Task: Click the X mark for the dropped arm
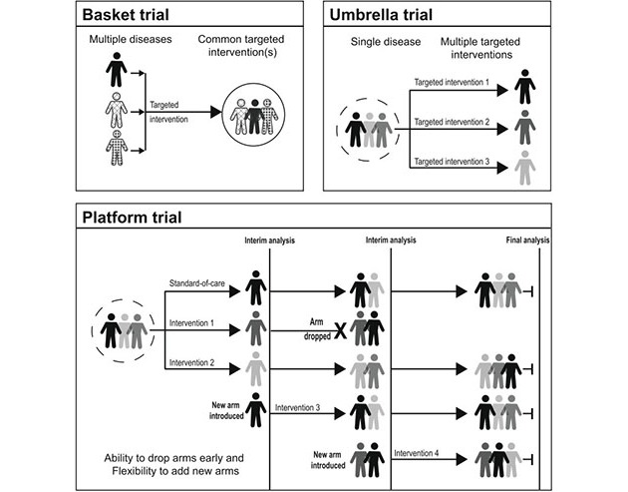point(339,330)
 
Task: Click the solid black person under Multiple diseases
point(118,69)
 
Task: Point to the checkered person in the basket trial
point(118,152)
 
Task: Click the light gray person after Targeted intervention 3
point(526,170)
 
